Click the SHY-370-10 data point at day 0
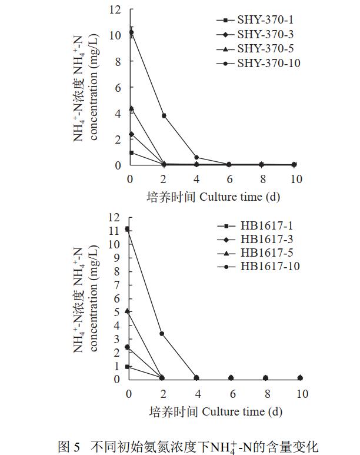coord(131,32)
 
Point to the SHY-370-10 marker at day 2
coord(164,115)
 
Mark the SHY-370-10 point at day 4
coord(196,157)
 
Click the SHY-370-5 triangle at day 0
coord(131,108)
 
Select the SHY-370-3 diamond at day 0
coord(131,134)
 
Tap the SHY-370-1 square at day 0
coord(131,152)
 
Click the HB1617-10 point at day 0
coord(128,229)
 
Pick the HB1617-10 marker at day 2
coord(162,334)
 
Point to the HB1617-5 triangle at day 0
coord(128,311)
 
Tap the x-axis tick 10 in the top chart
coord(295,178)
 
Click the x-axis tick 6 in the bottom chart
coord(232,393)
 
